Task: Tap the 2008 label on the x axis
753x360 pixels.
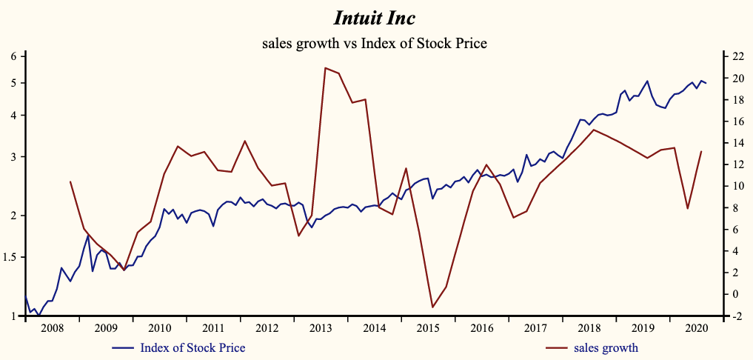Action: click(x=53, y=327)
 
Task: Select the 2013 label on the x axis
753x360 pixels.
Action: click(x=321, y=327)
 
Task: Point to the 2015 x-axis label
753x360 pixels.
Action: click(x=428, y=327)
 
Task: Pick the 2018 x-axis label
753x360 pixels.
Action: click(x=589, y=327)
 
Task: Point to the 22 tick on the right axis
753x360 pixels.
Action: click(x=737, y=56)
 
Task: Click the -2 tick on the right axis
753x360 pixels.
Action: click(x=737, y=316)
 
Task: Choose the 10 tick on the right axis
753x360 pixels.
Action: click(x=737, y=187)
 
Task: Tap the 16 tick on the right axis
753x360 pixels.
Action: click(x=737, y=121)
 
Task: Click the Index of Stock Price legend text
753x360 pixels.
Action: click(x=192, y=347)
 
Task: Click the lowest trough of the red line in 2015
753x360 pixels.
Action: click(x=432, y=307)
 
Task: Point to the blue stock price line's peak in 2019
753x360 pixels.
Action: click(x=647, y=81)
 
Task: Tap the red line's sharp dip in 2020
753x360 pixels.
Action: click(x=688, y=209)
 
